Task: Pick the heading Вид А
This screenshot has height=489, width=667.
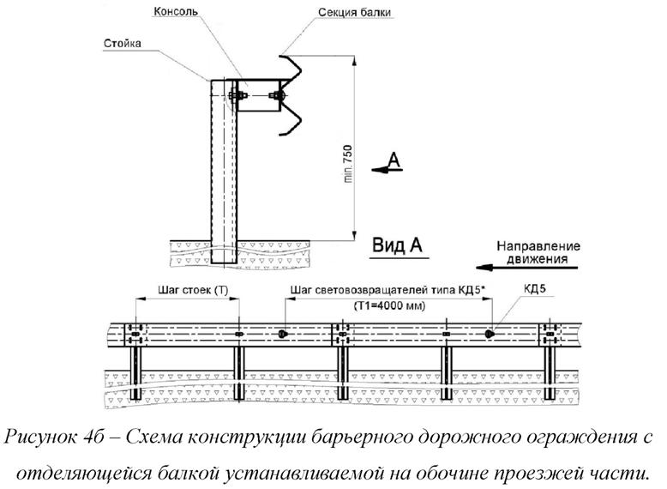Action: pyautogui.click(x=398, y=246)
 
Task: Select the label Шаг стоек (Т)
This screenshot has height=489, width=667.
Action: pyautogui.click(x=189, y=290)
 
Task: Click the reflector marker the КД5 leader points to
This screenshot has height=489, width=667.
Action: pyautogui.click(x=489, y=334)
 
